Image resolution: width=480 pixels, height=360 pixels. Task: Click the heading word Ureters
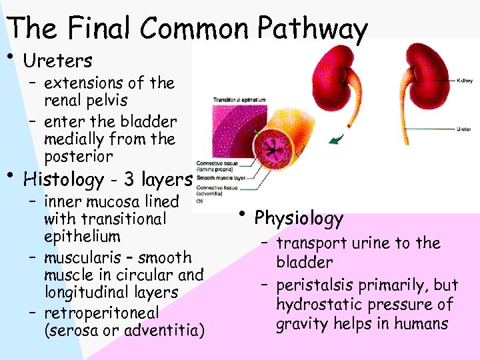pyautogui.click(x=57, y=61)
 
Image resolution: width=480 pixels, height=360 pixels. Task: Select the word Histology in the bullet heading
pyautogui.click(x=63, y=180)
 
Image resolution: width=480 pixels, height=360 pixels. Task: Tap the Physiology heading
pyautogui.click(x=299, y=218)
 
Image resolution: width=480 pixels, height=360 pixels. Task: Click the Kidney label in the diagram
pyautogui.click(x=464, y=80)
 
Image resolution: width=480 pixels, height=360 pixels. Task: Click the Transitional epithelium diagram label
pyautogui.click(x=239, y=100)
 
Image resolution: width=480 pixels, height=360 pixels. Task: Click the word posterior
pyautogui.click(x=78, y=157)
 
